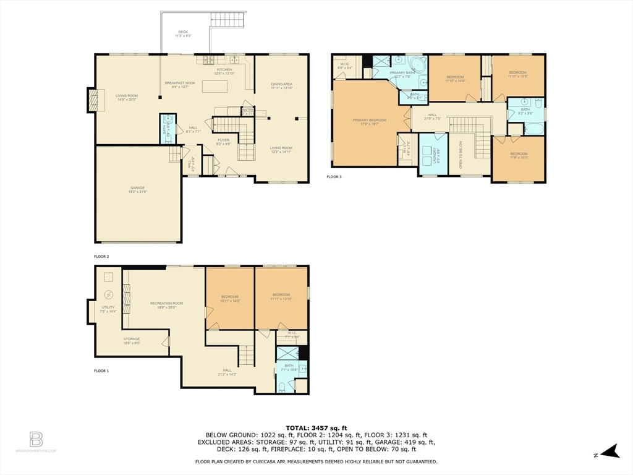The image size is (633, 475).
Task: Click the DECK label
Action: [183, 32]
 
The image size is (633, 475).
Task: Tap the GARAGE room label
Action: [138, 189]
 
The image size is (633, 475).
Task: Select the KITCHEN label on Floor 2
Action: [224, 69]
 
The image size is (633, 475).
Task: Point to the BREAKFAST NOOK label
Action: [180, 83]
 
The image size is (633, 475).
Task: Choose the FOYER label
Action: [223, 140]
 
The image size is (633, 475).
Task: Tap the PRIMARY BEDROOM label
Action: [370, 120]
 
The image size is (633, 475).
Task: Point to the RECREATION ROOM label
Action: [166, 303]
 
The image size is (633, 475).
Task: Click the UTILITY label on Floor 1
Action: [108, 307]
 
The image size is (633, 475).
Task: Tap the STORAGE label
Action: [131, 339]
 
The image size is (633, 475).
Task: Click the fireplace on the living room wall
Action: [92, 100]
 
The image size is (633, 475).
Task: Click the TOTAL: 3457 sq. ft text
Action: [316, 428]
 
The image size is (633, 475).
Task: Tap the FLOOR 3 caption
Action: [334, 177]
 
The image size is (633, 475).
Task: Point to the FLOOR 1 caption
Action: [101, 370]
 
